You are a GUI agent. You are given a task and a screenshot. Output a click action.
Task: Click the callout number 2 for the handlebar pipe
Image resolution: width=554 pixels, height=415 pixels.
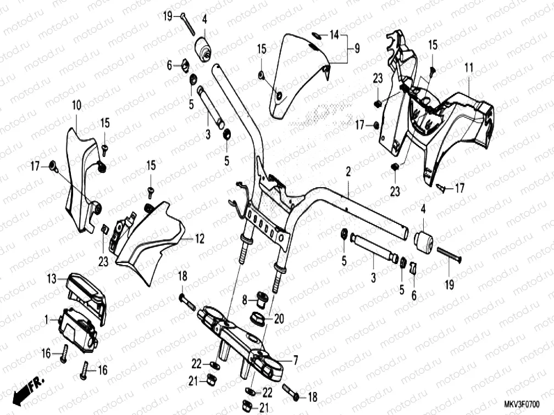pos(348,172)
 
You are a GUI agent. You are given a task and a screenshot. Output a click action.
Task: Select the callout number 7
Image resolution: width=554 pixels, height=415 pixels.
pos(295,360)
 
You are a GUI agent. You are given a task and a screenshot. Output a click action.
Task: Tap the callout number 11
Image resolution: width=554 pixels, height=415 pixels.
pos(468,68)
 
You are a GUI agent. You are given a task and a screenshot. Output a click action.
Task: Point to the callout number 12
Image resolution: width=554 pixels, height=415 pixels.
pos(200,239)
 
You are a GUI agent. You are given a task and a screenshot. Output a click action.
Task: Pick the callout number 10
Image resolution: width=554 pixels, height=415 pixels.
pos(76,105)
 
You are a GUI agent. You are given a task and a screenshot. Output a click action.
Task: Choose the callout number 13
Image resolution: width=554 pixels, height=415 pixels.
pos(51,279)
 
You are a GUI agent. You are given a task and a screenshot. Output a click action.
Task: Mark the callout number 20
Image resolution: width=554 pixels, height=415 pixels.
pos(279,318)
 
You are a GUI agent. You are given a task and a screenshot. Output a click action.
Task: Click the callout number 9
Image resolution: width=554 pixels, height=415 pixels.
pos(357,49)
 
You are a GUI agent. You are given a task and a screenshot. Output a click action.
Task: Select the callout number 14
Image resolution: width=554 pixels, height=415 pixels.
pos(334,35)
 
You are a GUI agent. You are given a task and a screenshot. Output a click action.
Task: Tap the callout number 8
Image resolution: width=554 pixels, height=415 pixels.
pos(245,300)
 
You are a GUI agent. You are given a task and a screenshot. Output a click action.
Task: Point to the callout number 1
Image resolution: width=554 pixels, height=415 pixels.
pos(48,318)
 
